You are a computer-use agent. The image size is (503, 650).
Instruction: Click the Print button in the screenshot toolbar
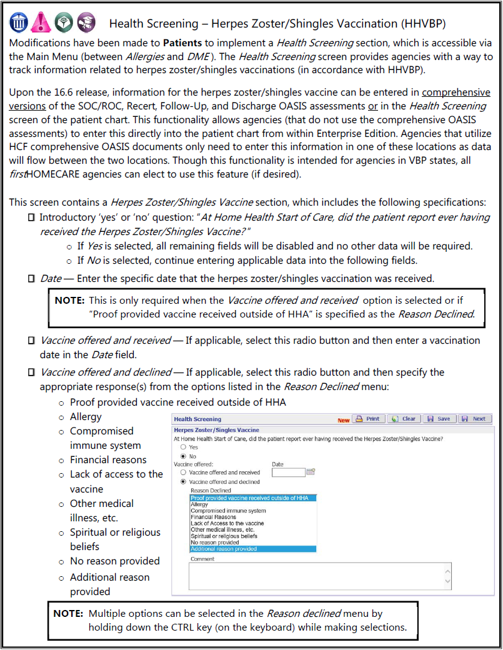368,419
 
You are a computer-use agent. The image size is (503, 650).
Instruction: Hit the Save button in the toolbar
439,419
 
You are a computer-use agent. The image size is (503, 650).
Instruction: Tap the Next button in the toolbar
474,419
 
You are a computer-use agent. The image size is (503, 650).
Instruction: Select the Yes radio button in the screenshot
183,447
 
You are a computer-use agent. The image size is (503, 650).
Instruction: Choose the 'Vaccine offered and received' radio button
183,472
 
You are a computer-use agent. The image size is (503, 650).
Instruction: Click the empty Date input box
288,472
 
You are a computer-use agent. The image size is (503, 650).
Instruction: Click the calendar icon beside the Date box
311,472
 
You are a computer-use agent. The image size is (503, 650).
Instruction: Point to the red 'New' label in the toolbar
344,420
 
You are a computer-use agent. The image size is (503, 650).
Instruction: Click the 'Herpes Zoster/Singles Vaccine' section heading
216,430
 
